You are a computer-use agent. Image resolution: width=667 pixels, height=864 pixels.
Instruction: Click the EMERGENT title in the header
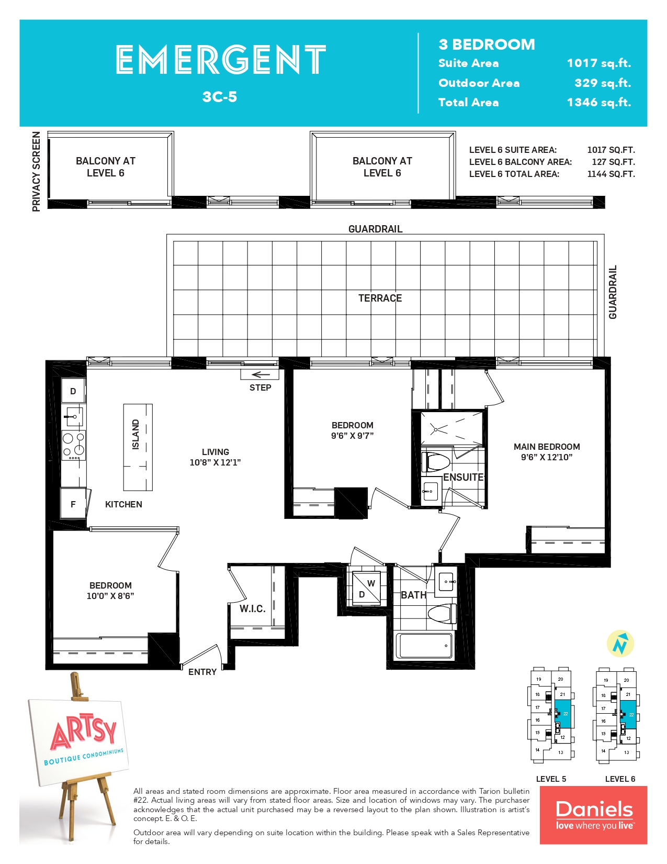coord(221,59)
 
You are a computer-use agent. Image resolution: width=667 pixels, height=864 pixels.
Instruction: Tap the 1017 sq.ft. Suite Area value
coord(598,63)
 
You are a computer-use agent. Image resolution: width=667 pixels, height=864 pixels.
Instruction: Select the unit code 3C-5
coord(220,97)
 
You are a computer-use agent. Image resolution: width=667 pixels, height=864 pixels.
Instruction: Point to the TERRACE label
coord(380,298)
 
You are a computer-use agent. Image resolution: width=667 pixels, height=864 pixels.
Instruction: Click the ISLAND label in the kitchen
coord(136,435)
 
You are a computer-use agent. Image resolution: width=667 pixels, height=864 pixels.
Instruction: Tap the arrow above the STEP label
coord(261,374)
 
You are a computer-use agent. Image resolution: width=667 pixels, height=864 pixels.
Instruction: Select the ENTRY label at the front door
coord(202,671)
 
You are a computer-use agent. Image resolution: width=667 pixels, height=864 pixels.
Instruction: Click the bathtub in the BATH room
coord(425,646)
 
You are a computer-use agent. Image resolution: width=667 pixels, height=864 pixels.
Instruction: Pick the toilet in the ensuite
coord(436,462)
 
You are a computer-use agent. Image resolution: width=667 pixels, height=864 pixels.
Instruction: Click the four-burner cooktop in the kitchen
coord(74,445)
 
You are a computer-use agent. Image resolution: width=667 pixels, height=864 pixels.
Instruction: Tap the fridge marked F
coord(73,503)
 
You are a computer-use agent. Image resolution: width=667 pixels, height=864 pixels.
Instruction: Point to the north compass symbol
coord(620,644)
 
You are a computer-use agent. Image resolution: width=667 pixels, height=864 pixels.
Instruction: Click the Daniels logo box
coord(593,815)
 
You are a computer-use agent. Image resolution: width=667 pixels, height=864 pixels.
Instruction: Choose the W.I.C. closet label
coord(252,609)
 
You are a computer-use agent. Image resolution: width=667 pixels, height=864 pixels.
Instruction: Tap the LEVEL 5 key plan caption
coord(551,779)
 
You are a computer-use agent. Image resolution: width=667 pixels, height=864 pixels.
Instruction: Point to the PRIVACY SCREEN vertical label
coord(36,172)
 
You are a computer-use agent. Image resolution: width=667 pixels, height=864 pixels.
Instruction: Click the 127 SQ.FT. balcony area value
coord(613,162)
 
